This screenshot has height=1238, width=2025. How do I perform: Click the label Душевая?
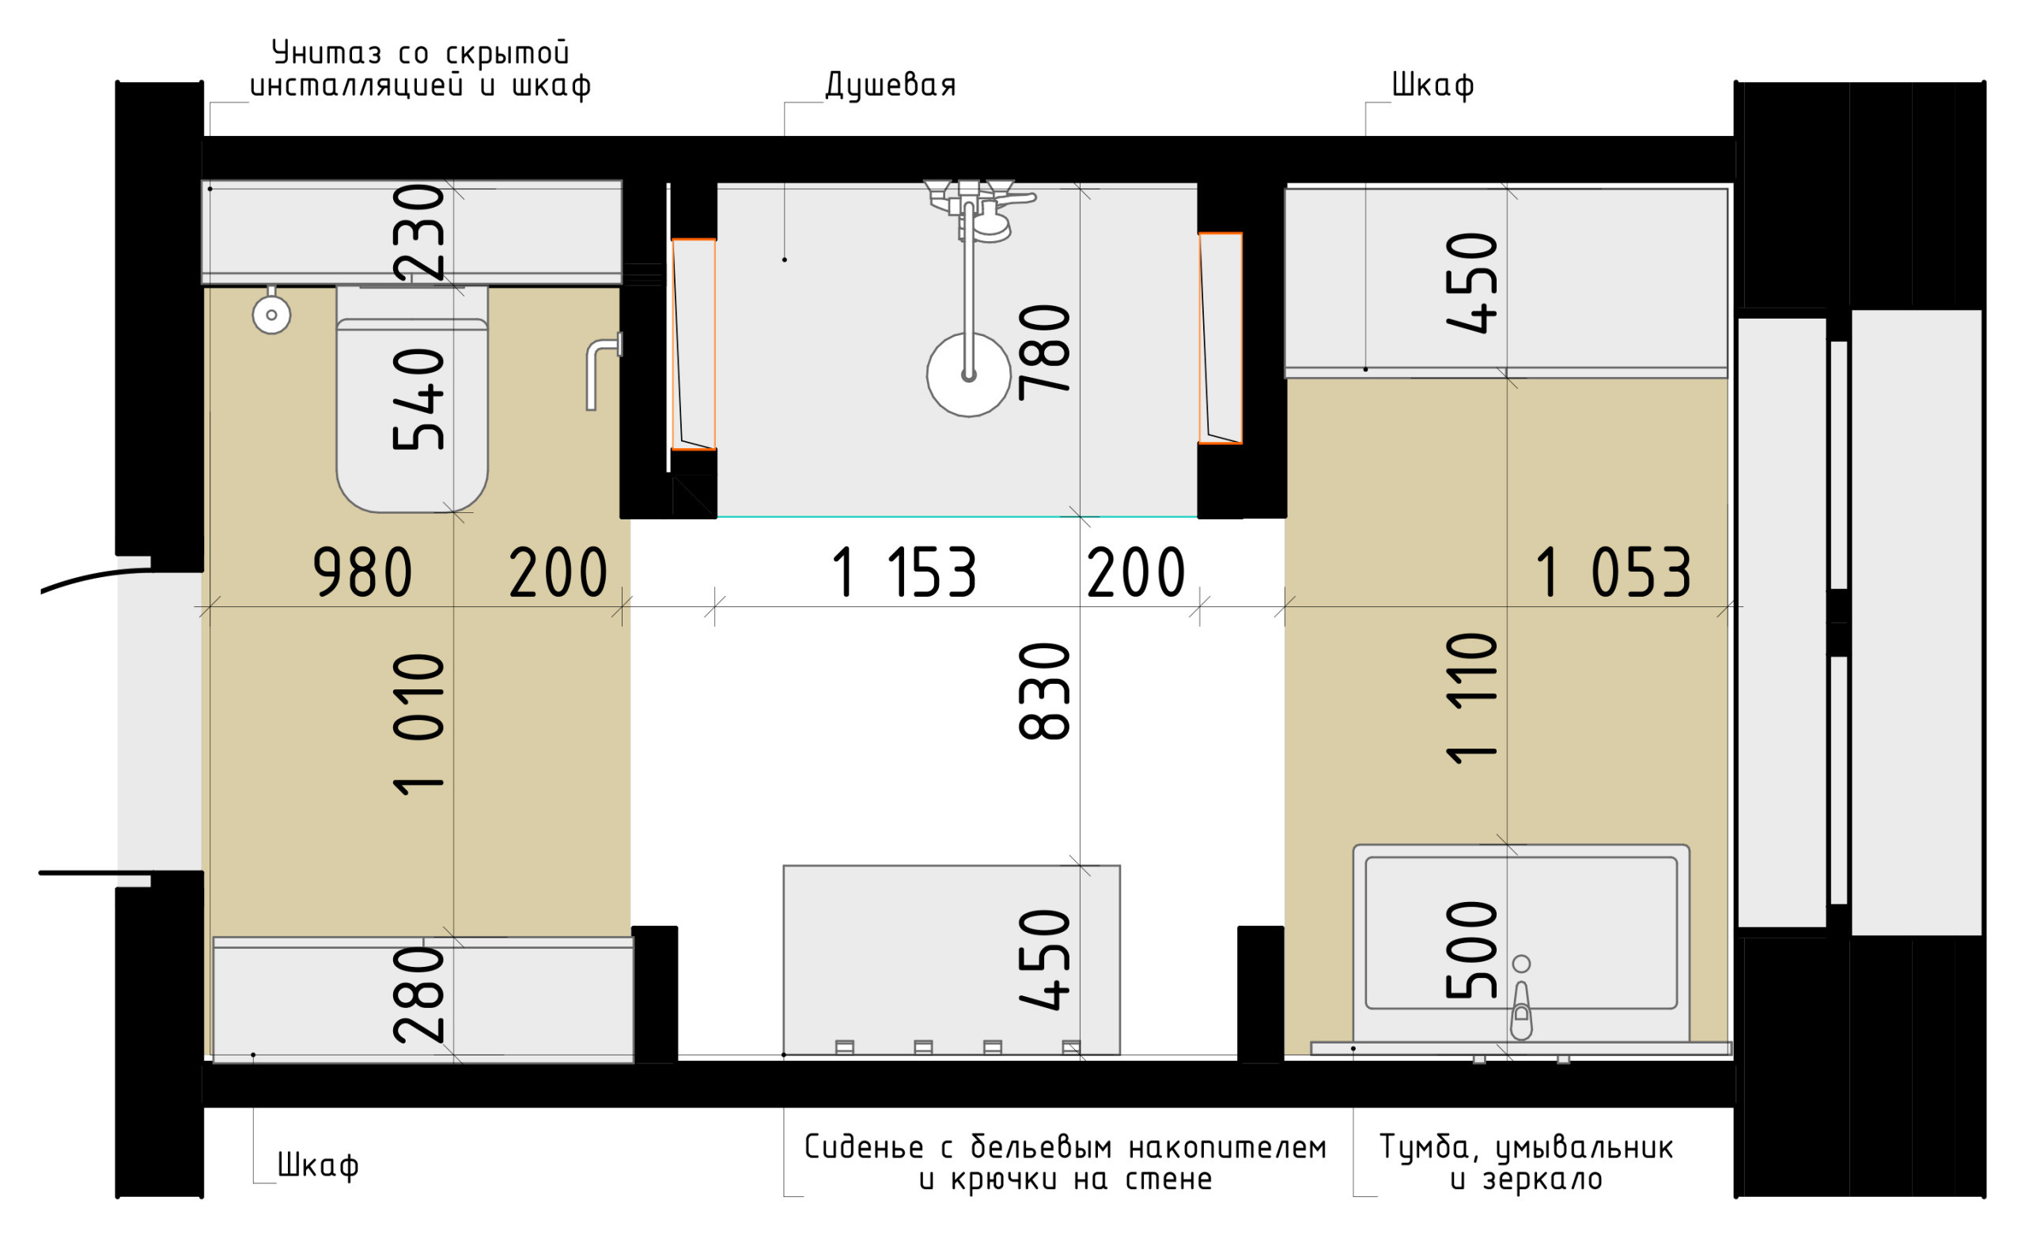click(x=891, y=85)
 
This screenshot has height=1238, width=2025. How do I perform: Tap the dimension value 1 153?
click(x=904, y=572)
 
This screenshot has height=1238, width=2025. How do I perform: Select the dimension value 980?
click(x=362, y=572)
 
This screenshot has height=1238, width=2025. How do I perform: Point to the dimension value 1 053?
click(x=1613, y=572)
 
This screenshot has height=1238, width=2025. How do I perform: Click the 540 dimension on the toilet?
click(x=418, y=399)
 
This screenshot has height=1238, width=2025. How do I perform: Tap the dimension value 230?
click(x=418, y=232)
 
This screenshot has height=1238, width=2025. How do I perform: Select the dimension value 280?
click(x=418, y=995)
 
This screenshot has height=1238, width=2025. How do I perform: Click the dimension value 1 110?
click(x=1471, y=699)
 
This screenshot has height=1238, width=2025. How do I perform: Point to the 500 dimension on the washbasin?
click(x=1471, y=950)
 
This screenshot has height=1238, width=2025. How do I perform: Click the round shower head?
click(x=969, y=375)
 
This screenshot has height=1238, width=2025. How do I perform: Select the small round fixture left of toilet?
click(x=271, y=314)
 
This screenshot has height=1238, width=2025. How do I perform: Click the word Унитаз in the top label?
click(x=326, y=54)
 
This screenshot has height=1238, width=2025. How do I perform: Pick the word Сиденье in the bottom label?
click(x=865, y=1147)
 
